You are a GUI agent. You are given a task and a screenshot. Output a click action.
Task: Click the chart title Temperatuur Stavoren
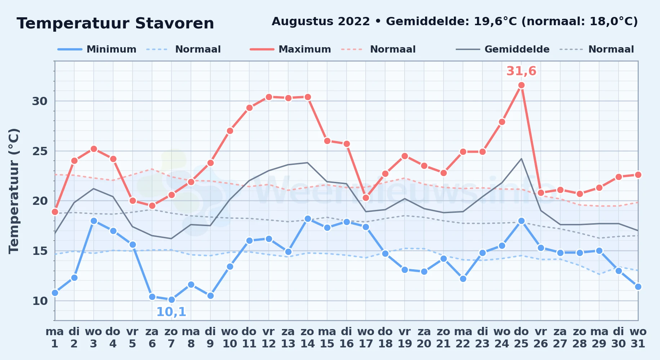pyautogui.click(x=115, y=24)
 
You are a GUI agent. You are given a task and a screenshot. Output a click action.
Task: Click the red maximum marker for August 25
pyautogui.click(x=521, y=85)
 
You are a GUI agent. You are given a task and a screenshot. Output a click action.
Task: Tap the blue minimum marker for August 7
pyautogui.click(x=171, y=300)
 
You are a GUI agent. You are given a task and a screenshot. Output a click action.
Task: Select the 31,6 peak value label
pyautogui.click(x=521, y=71)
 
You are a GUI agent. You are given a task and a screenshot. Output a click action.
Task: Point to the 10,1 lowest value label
pyautogui.click(x=171, y=312)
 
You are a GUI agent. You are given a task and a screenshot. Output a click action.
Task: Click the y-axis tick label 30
pyautogui.click(x=40, y=101)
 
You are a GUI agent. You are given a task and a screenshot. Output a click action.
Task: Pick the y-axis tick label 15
pyautogui.click(x=40, y=251)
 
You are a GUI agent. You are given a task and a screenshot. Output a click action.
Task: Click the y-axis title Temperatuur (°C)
pyautogui.click(x=14, y=191)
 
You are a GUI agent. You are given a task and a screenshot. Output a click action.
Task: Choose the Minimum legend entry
pyautogui.click(x=97, y=49)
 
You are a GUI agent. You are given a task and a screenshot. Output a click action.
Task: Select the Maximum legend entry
pyautogui.click(x=291, y=49)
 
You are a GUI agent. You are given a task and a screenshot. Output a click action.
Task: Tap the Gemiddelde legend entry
pyautogui.click(x=503, y=49)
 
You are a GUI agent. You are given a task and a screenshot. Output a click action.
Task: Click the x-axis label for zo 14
pyautogui.click(x=308, y=337)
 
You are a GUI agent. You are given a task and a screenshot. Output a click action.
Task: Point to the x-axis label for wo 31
pyautogui.click(x=638, y=337)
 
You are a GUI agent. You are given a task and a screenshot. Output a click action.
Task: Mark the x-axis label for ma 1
pyautogui.click(x=55, y=337)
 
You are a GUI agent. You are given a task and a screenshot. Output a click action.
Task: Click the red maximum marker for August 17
pyautogui.click(x=366, y=198)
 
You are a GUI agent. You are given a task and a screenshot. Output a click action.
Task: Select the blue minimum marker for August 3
pyautogui.click(x=94, y=221)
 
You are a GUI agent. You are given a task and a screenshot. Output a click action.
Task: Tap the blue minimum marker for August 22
pyautogui.click(x=463, y=279)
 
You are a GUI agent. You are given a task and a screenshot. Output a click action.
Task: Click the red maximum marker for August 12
pyautogui.click(x=269, y=97)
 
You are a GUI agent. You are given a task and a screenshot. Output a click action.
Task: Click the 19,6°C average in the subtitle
pyautogui.click(x=496, y=22)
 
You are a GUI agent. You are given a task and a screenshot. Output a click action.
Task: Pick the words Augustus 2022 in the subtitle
pyautogui.click(x=321, y=22)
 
